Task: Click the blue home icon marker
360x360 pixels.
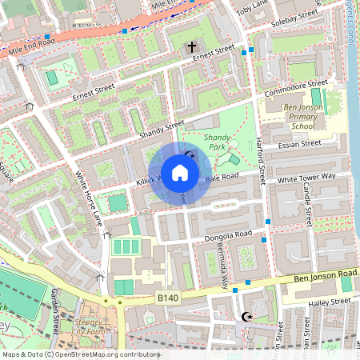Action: pos(180,173)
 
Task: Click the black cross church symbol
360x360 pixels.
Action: pos(191,48)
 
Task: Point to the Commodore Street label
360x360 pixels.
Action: pos(297,87)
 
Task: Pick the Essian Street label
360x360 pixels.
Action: pos(299,145)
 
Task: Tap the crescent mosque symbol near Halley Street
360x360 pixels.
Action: pos(246,318)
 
